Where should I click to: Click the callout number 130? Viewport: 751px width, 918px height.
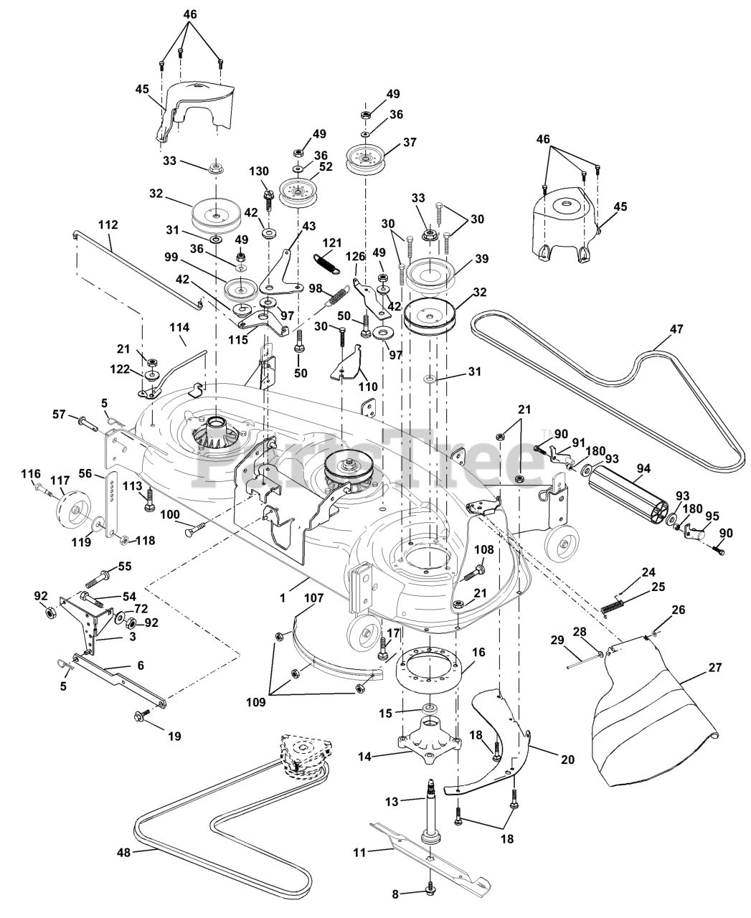click(x=259, y=171)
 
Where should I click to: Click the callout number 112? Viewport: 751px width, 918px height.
click(x=108, y=224)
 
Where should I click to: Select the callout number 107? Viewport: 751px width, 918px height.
click(x=313, y=596)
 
